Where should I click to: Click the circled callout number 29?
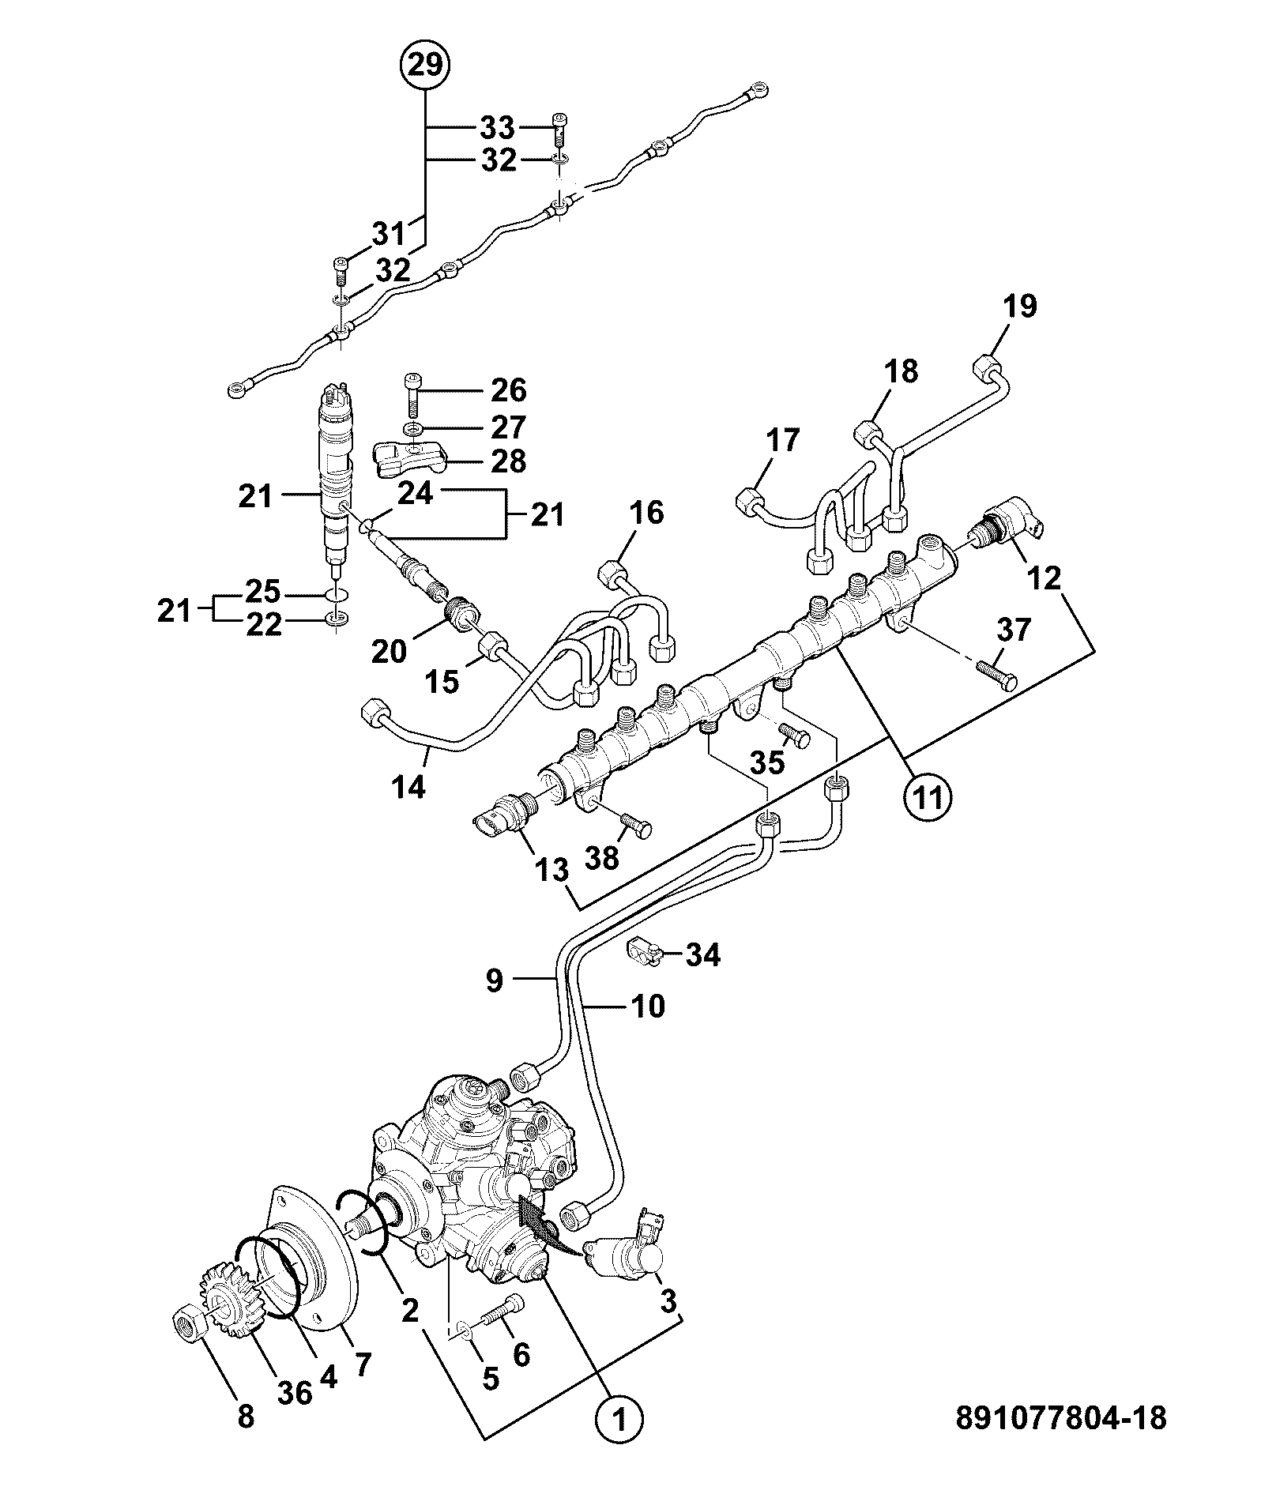[425, 65]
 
